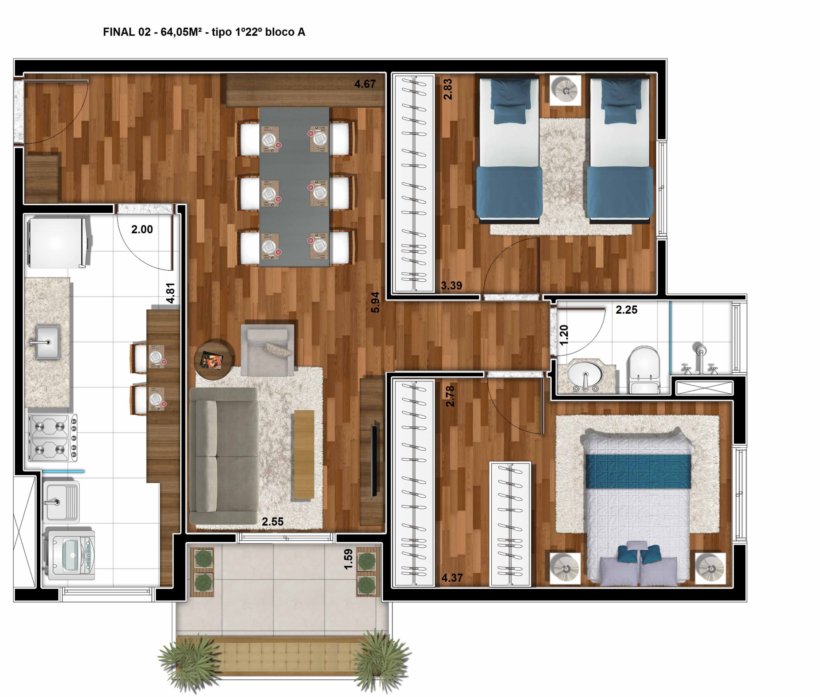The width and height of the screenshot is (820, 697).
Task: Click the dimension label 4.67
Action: point(365,84)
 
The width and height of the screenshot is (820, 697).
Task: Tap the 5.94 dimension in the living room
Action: point(375,302)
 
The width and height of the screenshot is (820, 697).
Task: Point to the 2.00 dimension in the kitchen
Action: point(142,229)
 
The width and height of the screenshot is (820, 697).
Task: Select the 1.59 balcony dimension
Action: point(348,559)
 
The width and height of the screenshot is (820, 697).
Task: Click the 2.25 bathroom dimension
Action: point(626,310)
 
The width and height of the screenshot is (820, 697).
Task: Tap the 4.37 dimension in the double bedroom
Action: point(452,578)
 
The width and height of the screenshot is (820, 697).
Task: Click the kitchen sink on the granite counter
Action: point(47,342)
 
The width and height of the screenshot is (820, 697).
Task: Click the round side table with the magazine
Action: point(214,360)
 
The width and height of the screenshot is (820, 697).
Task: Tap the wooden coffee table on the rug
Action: point(304,454)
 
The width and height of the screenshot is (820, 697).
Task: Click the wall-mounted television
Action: point(374,460)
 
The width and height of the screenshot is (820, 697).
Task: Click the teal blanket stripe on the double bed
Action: point(638,471)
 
